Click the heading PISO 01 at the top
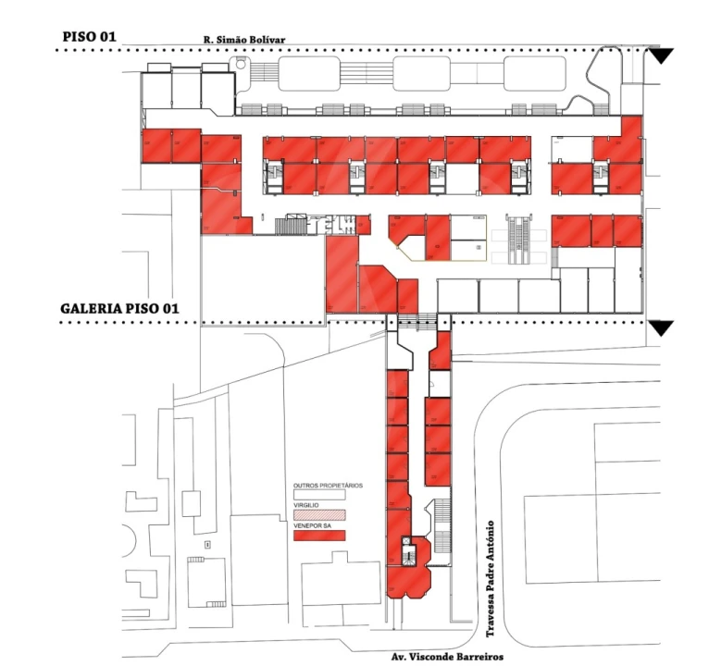(91, 36)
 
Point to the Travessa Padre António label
(491, 579)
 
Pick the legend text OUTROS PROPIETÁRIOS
(328, 486)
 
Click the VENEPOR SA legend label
(311, 526)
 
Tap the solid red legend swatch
(318, 536)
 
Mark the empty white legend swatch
(318, 495)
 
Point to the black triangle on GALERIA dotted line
(660, 328)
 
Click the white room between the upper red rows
(461, 176)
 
